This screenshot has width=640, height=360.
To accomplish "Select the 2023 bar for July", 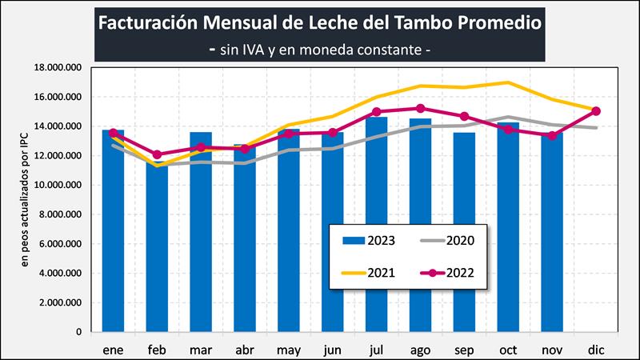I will click(x=376, y=224).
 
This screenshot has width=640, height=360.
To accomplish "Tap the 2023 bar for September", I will click(x=464, y=232).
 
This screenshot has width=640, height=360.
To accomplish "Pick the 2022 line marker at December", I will click(x=596, y=111).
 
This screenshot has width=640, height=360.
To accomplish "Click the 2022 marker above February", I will click(x=157, y=154).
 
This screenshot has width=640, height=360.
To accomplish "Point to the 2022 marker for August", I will click(x=420, y=108).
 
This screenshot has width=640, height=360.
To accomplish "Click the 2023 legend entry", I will click(x=367, y=241).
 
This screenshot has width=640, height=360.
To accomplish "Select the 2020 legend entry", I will click(x=448, y=241).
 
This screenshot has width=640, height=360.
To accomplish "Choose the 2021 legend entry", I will click(x=367, y=273).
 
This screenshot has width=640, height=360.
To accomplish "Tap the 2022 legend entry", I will click(x=448, y=273).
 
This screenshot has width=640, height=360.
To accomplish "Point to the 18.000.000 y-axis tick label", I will click(x=59, y=68).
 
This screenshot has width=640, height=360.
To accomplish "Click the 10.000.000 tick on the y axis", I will click(x=59, y=185).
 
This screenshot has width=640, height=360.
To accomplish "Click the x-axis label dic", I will click(x=596, y=350).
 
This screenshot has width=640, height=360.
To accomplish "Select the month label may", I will click(x=288, y=350).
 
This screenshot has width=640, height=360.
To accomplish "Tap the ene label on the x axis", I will click(x=112, y=350).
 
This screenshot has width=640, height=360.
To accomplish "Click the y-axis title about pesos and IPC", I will click(x=25, y=200).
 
